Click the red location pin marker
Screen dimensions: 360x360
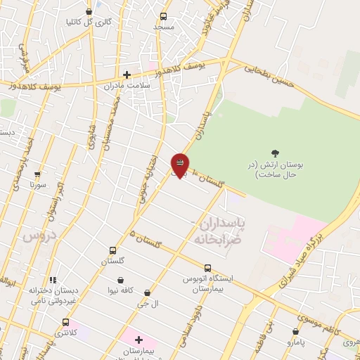click(x=180, y=165)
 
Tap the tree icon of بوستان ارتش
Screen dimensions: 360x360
click(x=275, y=153)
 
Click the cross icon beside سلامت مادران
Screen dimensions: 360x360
click(x=127, y=75)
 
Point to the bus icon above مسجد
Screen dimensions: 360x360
click(x=163, y=16)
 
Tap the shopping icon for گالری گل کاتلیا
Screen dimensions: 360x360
click(x=89, y=11)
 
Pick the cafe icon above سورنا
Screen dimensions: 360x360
click(x=37, y=174)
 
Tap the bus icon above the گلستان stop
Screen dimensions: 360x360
click(x=112, y=250)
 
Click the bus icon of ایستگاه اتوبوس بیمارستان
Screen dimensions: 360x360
click(x=207, y=268)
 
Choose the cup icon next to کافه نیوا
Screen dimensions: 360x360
click(x=122, y=281)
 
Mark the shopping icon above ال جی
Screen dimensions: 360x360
click(x=147, y=293)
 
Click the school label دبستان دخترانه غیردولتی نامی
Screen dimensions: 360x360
click(x=53, y=295)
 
